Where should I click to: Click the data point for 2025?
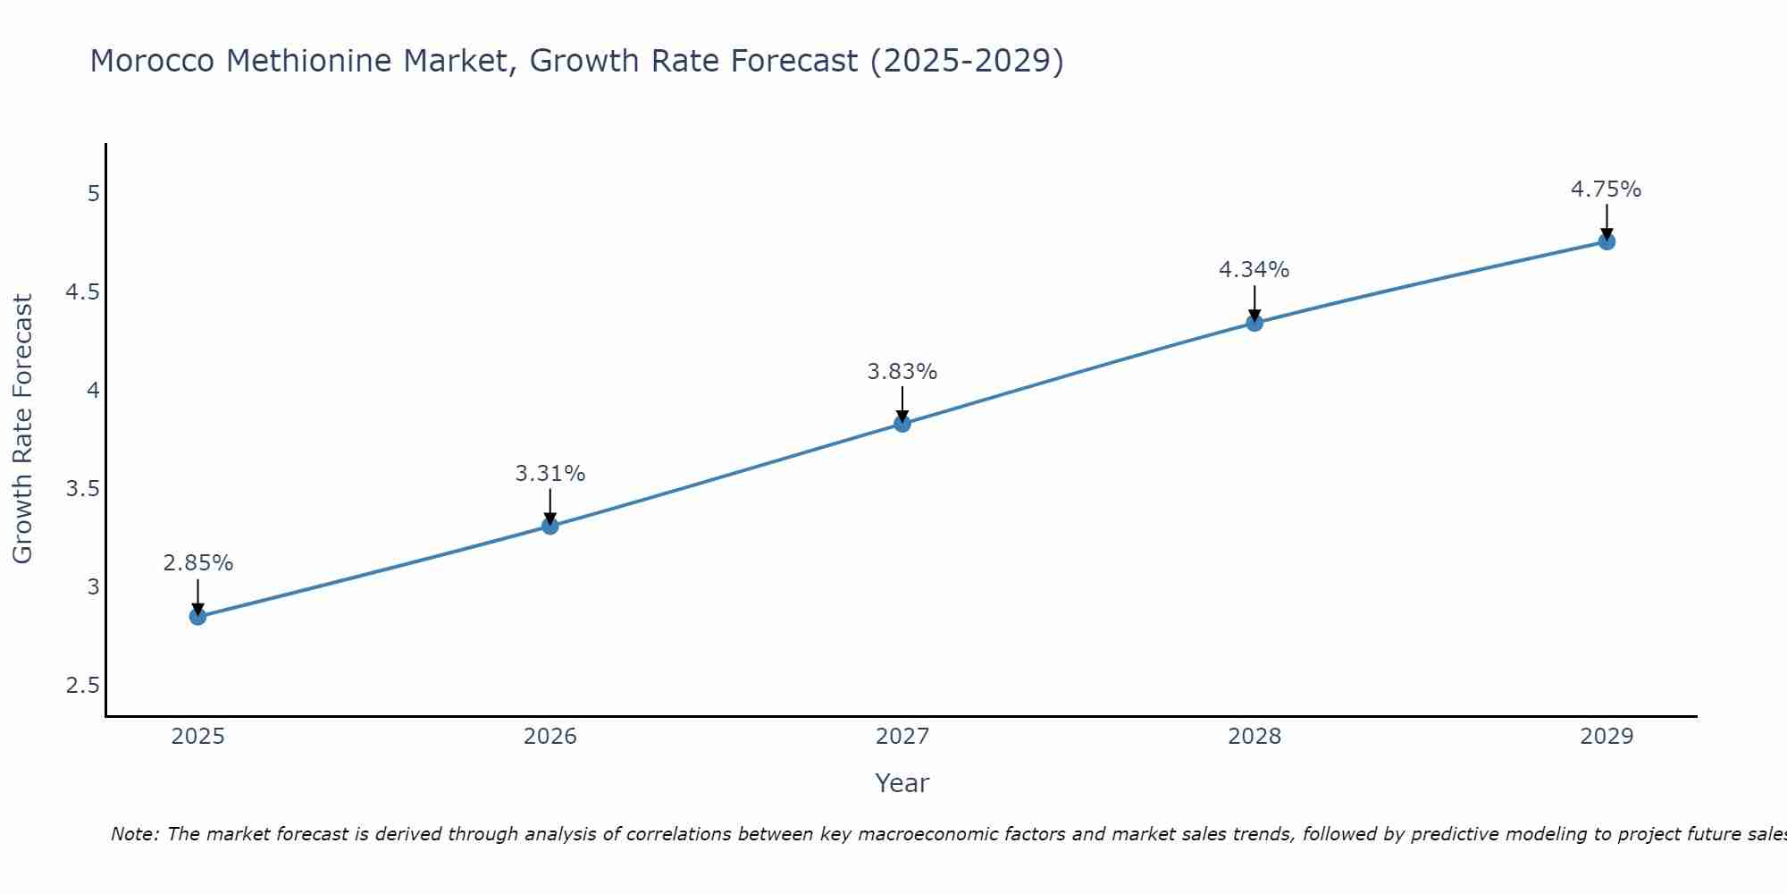coord(198,617)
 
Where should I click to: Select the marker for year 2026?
coord(550,526)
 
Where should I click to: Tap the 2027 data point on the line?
coord(902,424)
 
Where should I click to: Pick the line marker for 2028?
coord(1254,323)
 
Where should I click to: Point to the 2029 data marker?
coord(1607,241)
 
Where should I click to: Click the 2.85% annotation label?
coord(198,563)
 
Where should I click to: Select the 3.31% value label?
coord(550,474)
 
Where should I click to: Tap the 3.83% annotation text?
coord(902,372)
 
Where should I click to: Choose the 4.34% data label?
coord(1254,270)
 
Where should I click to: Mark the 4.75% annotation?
coord(1607,190)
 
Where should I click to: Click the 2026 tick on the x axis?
coord(550,737)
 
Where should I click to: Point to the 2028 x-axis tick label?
coord(1254,737)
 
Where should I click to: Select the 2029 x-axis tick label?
coord(1607,737)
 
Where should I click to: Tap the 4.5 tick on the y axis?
coord(82,292)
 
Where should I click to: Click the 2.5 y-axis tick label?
coord(82,686)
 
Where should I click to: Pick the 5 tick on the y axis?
coord(93,194)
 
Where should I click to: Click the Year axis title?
coord(902,783)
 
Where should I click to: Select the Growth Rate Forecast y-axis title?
coord(23,429)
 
